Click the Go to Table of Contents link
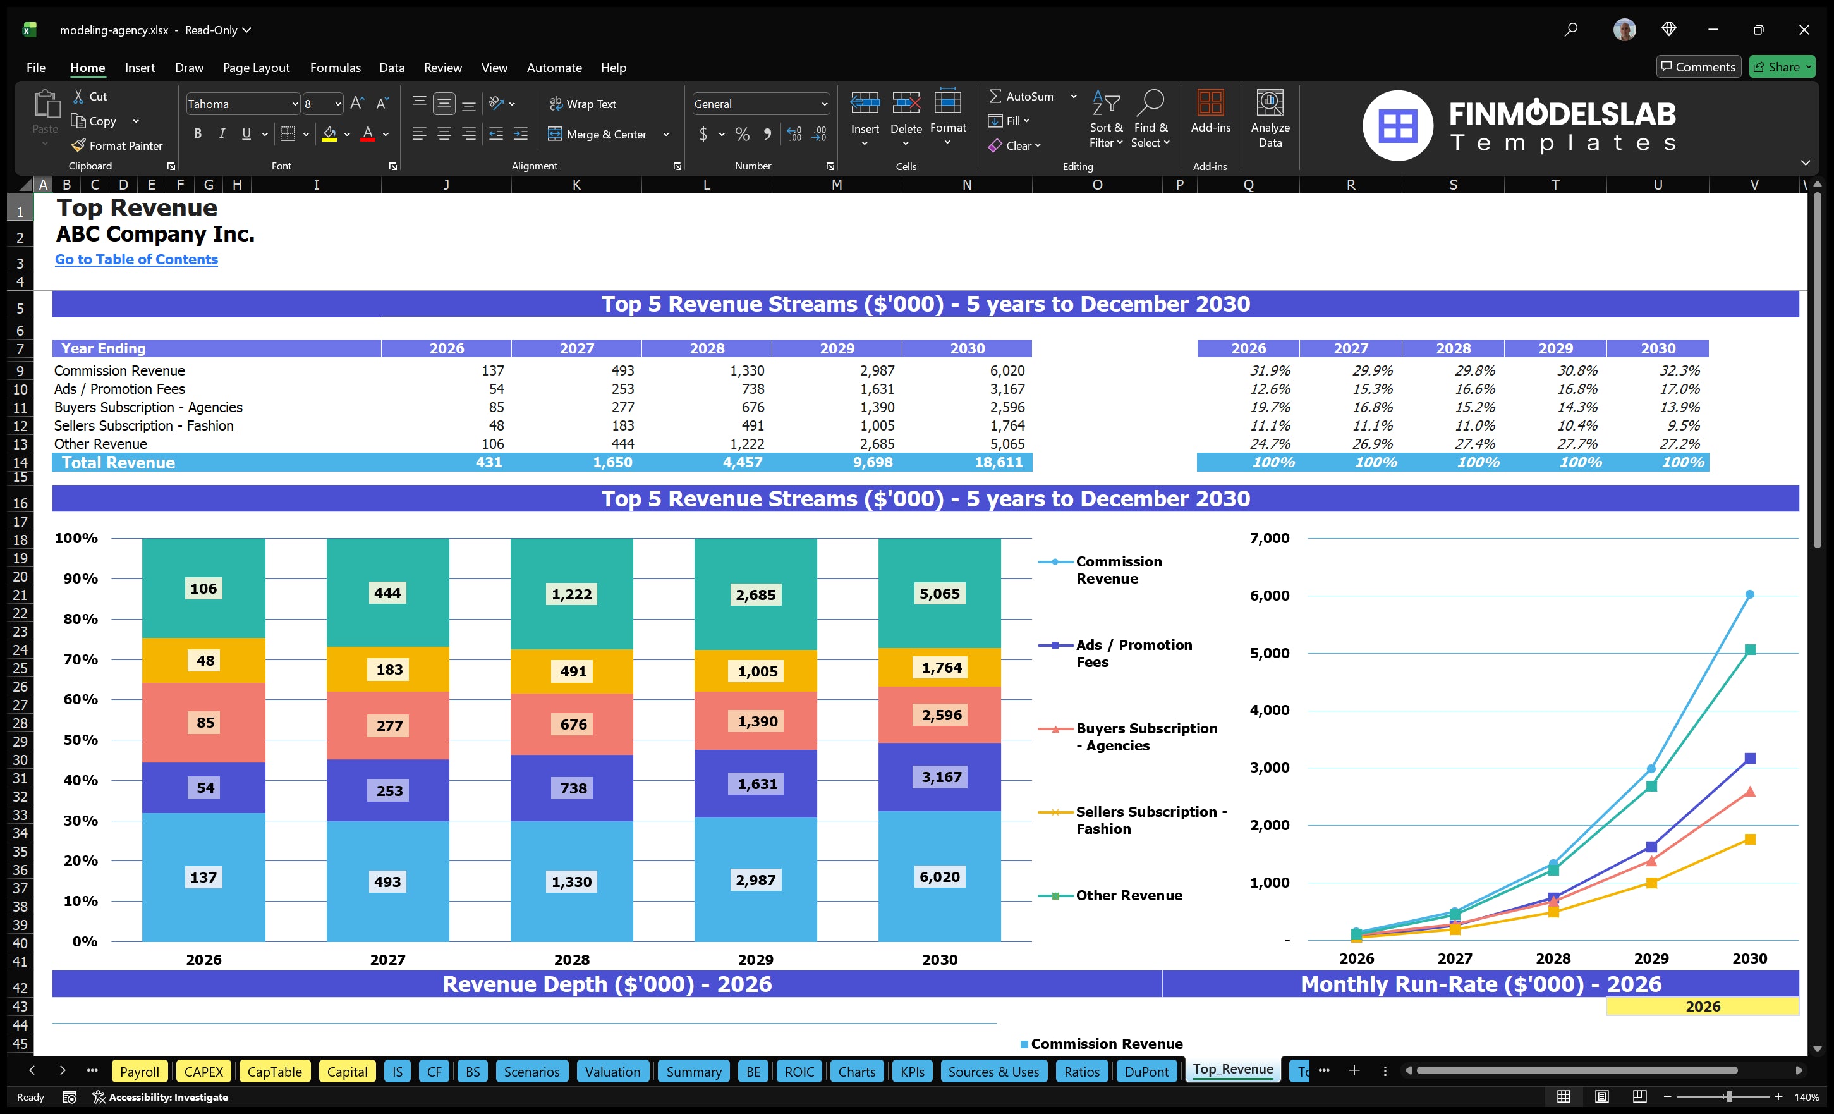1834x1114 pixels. point(137,259)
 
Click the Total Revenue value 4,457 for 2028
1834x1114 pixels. point(741,462)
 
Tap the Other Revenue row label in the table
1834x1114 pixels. point(100,444)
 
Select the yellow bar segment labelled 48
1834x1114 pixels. point(205,661)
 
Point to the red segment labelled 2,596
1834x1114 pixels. point(941,715)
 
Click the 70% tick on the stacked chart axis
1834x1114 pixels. point(80,659)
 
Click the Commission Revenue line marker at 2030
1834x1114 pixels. point(1749,594)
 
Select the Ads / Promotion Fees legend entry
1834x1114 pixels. point(1133,653)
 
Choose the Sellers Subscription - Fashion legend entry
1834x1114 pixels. point(1150,820)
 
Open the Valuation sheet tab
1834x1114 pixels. point(612,1072)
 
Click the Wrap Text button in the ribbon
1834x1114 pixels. point(583,104)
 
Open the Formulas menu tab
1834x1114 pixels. point(335,68)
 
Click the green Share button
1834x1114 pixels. point(1781,67)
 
